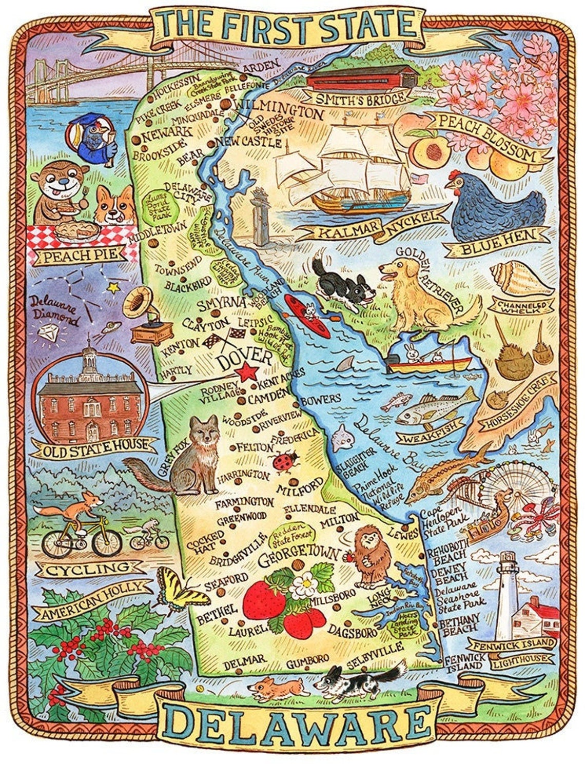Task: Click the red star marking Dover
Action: click(248, 372)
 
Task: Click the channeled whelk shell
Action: click(518, 278)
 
